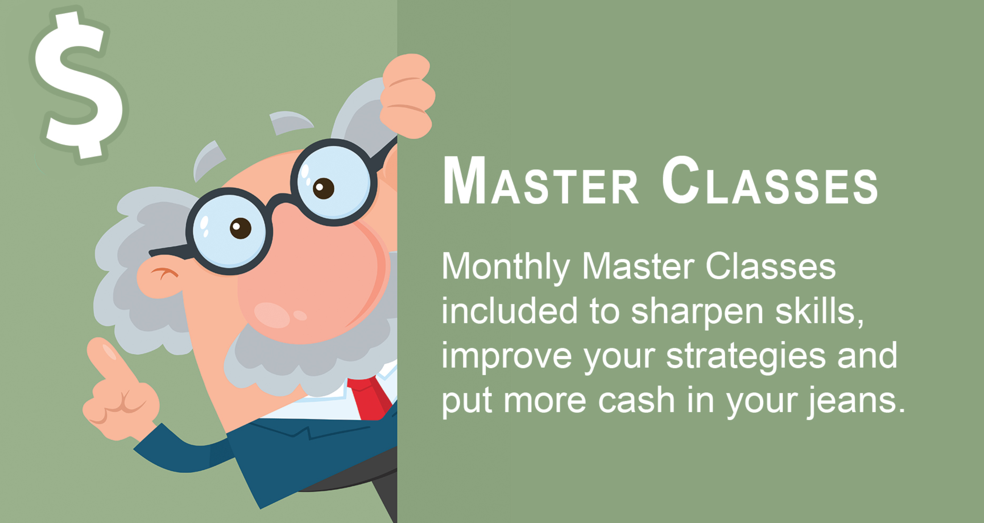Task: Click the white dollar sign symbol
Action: [x=78, y=86]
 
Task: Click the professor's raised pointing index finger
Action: [x=111, y=361]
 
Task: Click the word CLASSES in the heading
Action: [x=770, y=181]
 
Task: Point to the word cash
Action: [x=636, y=401]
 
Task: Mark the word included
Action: [x=509, y=310]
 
